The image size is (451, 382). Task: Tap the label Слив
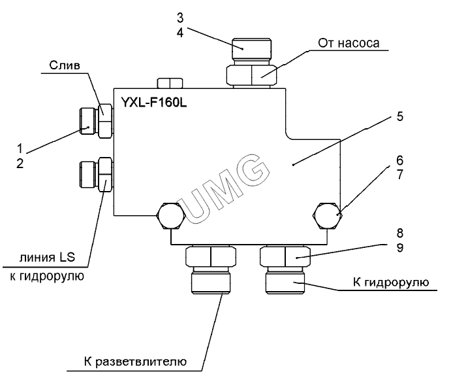[67, 65]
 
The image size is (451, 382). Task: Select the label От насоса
[349, 44]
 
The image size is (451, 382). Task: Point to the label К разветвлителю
[135, 361]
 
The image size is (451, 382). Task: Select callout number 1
[20, 147]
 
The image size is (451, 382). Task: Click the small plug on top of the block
[170, 83]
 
